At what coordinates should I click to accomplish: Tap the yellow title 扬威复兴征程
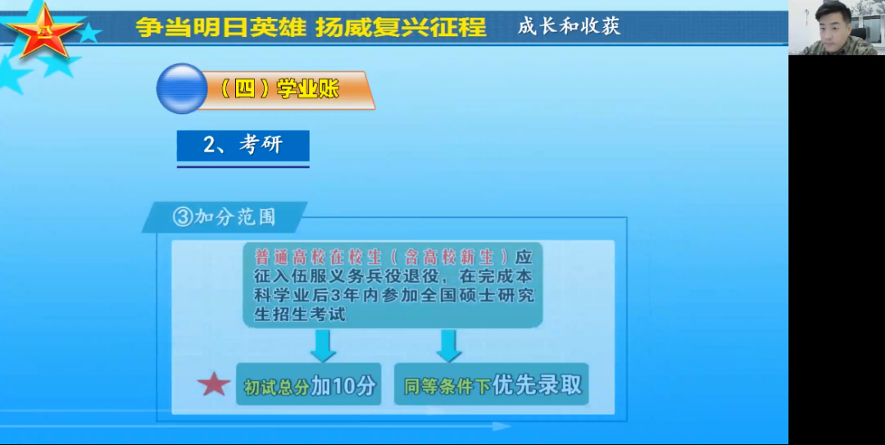coord(401,26)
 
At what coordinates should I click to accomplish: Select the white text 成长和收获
coord(569,26)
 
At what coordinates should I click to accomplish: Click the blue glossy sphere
coord(182,89)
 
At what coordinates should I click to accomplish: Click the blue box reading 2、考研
coord(243,146)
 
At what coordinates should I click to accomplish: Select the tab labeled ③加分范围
coord(224,217)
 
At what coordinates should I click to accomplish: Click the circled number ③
coord(182,217)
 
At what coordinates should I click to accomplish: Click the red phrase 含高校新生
coord(449,257)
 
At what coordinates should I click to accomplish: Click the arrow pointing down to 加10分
coord(323,346)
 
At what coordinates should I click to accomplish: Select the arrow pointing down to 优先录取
coord(449,346)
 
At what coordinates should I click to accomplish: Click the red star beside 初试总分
coord(214,384)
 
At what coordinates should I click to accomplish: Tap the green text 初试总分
coord(277,387)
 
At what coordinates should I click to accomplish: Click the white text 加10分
coord(343,385)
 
